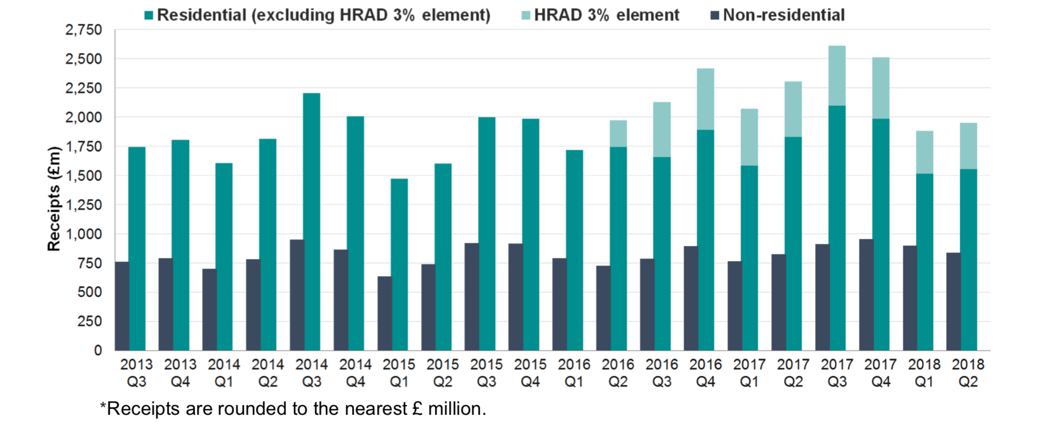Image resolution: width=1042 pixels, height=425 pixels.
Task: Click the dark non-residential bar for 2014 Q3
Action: (x=297, y=295)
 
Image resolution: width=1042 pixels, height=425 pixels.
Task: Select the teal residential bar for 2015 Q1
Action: (x=399, y=264)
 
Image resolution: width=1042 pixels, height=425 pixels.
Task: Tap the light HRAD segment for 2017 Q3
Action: (x=837, y=76)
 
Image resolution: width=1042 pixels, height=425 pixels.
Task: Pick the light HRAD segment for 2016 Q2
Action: (x=618, y=134)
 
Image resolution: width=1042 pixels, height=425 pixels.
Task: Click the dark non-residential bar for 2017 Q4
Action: (x=866, y=295)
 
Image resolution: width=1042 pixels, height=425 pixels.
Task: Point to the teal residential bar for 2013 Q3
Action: (x=137, y=249)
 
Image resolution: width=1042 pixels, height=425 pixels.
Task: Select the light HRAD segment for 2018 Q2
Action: (x=968, y=146)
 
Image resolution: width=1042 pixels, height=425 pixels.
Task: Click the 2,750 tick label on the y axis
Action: (x=83, y=30)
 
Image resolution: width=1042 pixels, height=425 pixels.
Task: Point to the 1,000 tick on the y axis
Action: (x=83, y=234)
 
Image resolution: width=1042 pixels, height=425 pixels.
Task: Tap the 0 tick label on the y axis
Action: (x=98, y=350)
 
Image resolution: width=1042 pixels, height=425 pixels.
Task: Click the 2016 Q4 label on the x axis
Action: (x=705, y=373)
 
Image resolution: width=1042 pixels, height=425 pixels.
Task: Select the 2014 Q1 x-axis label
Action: (x=224, y=373)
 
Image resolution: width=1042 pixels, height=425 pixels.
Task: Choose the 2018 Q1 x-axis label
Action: (x=924, y=373)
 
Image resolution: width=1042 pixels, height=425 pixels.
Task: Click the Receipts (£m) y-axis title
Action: (x=54, y=199)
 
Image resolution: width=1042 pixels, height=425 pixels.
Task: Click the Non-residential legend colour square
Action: (x=715, y=15)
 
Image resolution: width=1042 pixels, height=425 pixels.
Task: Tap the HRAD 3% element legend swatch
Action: (x=526, y=15)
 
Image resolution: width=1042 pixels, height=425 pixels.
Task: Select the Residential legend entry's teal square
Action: (x=149, y=15)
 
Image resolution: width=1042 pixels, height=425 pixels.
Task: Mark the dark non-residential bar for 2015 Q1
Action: (x=385, y=314)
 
